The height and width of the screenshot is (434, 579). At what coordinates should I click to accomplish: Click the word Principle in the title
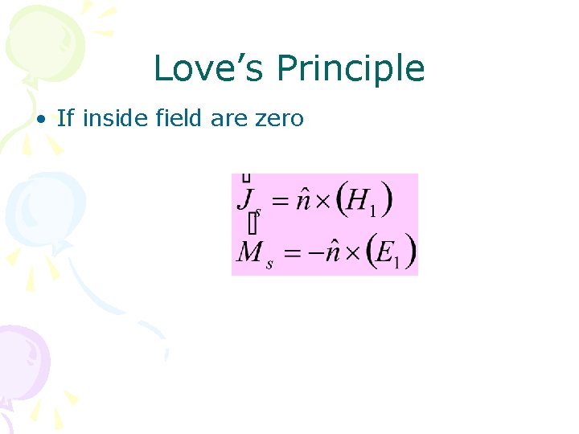click(351, 70)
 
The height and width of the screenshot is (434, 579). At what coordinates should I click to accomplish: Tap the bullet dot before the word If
click(39, 120)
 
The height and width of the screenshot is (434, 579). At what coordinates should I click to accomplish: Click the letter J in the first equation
click(244, 198)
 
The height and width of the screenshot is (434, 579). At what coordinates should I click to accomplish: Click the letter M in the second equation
click(248, 252)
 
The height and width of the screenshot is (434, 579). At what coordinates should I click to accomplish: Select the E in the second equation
click(382, 252)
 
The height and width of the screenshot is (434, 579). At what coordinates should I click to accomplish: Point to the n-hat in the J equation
click(302, 199)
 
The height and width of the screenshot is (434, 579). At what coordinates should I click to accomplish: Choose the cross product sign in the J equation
click(322, 202)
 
